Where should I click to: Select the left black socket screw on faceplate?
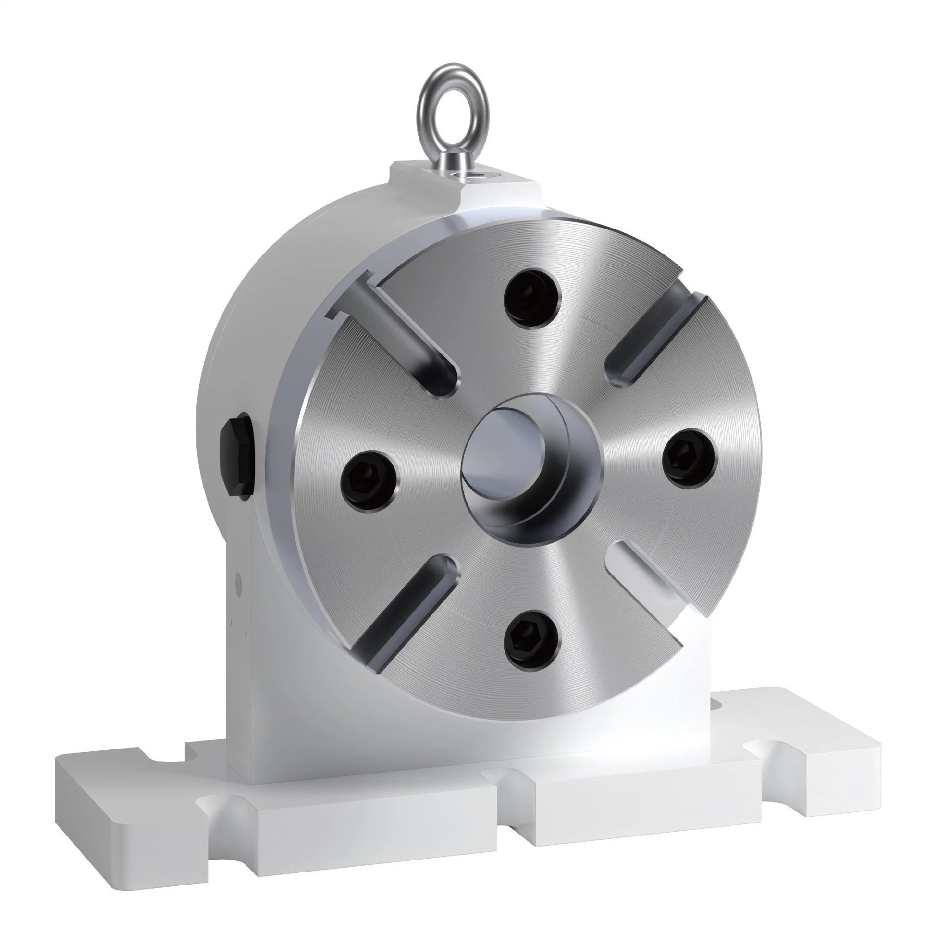point(368,478)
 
